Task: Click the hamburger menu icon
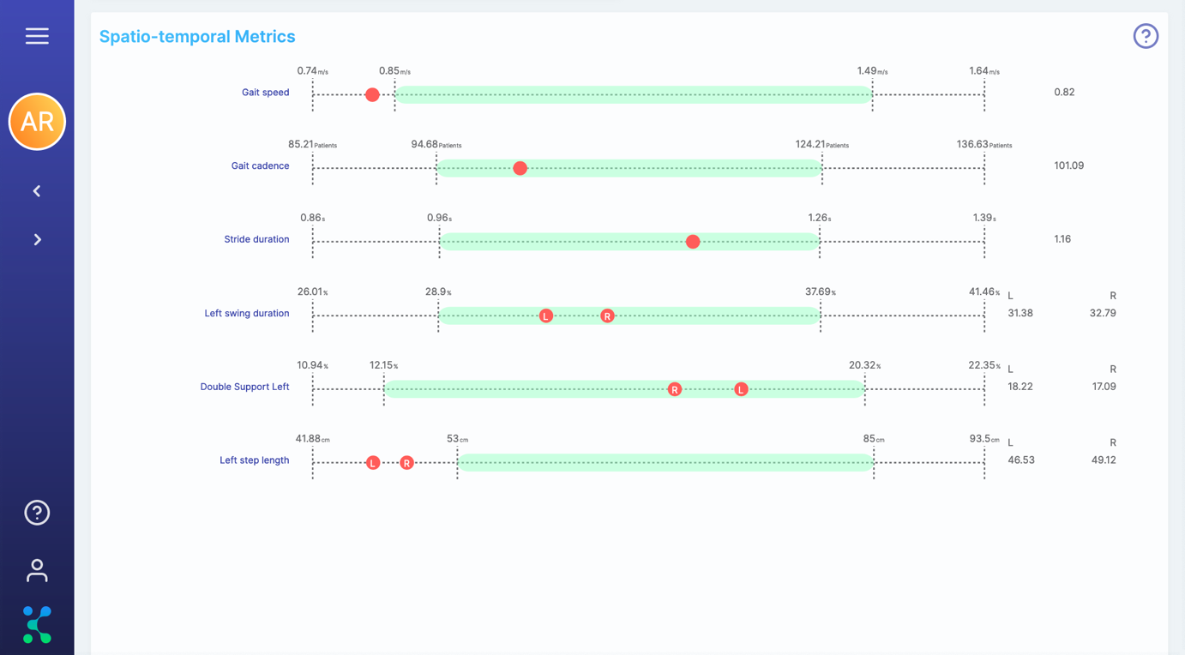pyautogui.click(x=37, y=36)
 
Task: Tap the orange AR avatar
pyautogui.click(x=37, y=122)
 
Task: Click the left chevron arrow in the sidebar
pyautogui.click(x=37, y=191)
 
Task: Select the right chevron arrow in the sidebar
pyautogui.click(x=38, y=240)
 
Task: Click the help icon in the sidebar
pyautogui.click(x=37, y=513)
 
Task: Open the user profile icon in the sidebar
pyautogui.click(x=37, y=570)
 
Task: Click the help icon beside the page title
pyautogui.click(x=1146, y=36)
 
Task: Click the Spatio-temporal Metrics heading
pyautogui.click(x=197, y=36)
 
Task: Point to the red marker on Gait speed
pyautogui.click(x=372, y=94)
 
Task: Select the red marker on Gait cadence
pyautogui.click(x=520, y=168)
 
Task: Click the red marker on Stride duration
pyautogui.click(x=693, y=242)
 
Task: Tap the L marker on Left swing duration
pyautogui.click(x=546, y=315)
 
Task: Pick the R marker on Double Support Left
pyautogui.click(x=675, y=389)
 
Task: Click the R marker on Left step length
pyautogui.click(x=406, y=463)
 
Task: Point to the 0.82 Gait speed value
pyautogui.click(x=1064, y=92)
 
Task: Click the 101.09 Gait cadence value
pyautogui.click(x=1068, y=165)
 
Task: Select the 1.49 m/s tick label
pyautogui.click(x=872, y=71)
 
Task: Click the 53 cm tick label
pyautogui.click(x=457, y=439)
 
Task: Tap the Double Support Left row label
pyautogui.click(x=244, y=387)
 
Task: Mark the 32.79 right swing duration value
pyautogui.click(x=1103, y=313)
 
